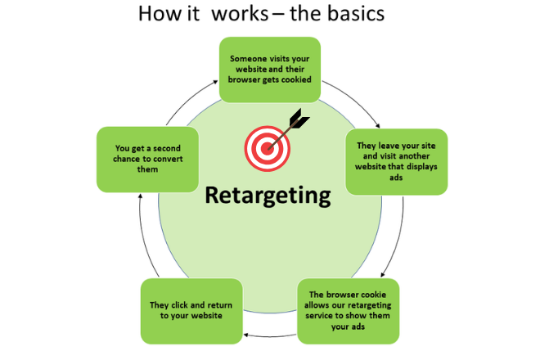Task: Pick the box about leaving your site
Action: click(397, 161)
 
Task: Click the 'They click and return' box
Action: click(194, 311)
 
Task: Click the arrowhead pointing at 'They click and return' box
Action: click(243, 335)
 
